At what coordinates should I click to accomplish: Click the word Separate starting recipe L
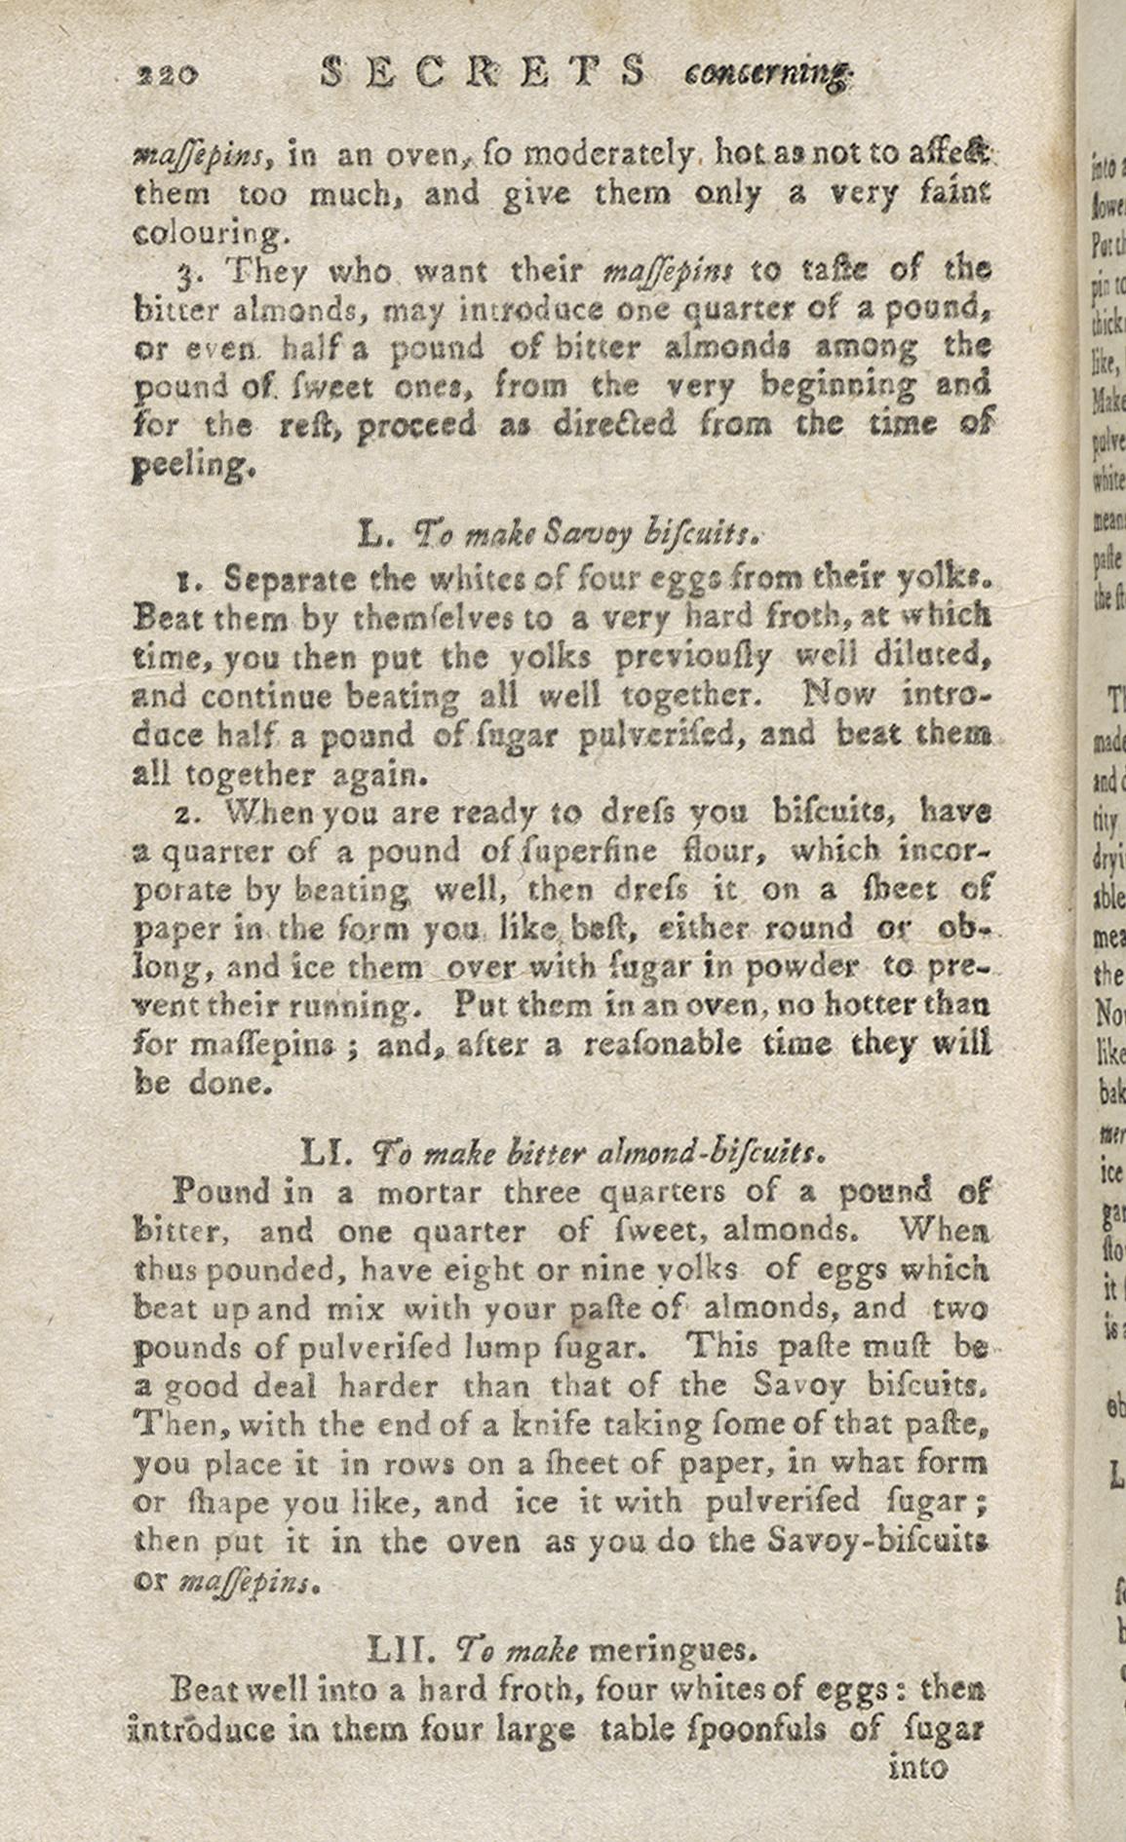tap(290, 578)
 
